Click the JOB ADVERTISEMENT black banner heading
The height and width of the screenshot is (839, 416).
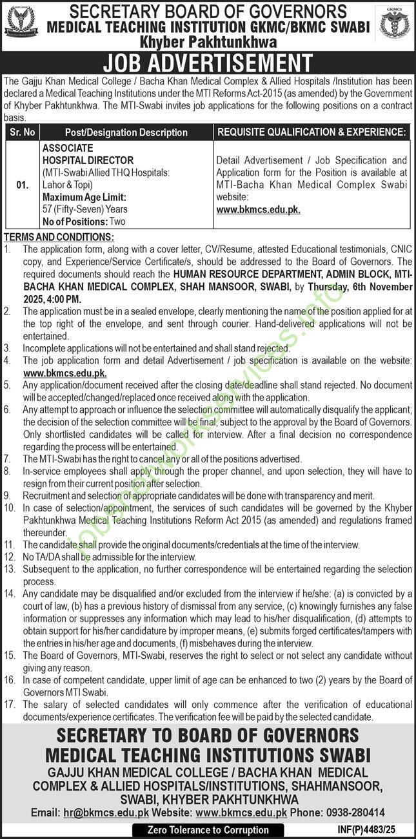[208, 63]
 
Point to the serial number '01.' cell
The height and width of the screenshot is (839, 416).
[22, 185]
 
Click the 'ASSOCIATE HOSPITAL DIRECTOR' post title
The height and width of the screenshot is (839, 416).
[88, 154]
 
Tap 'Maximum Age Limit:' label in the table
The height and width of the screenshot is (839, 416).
[84, 197]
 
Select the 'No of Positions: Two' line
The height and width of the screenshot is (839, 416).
[83, 222]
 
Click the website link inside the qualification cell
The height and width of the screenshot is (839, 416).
[258, 209]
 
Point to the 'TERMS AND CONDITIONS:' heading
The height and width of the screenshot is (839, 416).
[59, 237]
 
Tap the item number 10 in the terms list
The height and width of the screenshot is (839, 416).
[9, 508]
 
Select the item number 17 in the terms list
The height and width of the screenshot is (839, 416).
[9, 705]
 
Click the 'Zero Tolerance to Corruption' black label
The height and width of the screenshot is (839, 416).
[208, 830]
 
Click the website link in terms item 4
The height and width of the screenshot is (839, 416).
[64, 373]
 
